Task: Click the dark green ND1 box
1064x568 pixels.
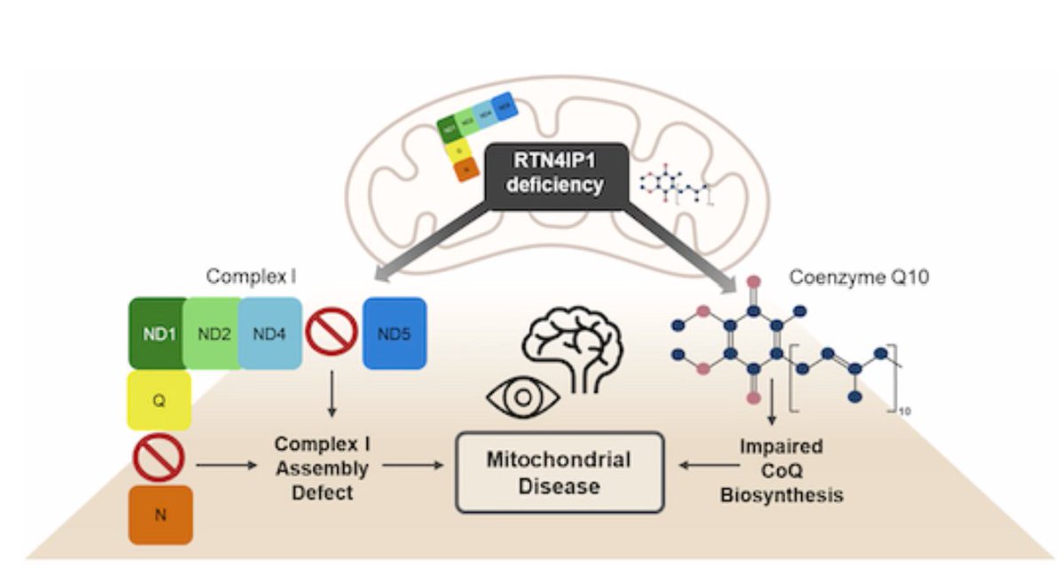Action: coord(157,333)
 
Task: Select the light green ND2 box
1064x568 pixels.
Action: coord(213,333)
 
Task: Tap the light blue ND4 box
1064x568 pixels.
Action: coord(270,333)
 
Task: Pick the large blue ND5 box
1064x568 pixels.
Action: coord(395,333)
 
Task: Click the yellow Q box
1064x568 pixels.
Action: coord(160,400)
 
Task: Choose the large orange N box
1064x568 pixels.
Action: coord(160,514)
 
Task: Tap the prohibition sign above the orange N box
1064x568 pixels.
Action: coord(159,460)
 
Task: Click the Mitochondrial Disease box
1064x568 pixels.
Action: coord(559,472)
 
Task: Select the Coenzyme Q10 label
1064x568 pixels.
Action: coord(858,278)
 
